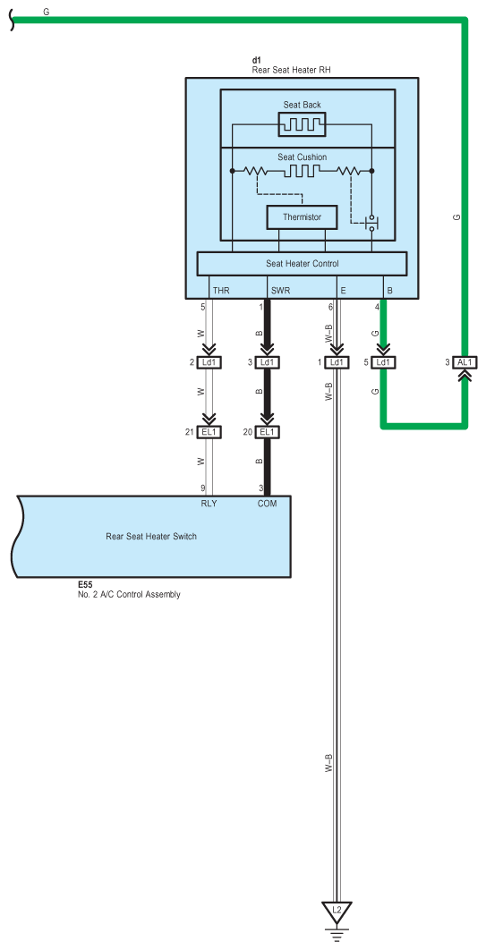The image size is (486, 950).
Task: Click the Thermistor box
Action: coord(302,216)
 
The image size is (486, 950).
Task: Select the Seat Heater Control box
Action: coord(302,264)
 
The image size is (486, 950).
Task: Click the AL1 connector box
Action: coord(465,362)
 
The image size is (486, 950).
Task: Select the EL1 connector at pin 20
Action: coord(266,432)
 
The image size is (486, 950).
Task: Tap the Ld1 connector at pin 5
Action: coord(382,362)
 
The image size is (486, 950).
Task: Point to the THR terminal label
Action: coord(221,291)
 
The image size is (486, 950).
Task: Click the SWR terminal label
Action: coord(281,291)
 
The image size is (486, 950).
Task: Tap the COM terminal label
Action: coord(268,503)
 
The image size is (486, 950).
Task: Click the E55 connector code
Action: coord(84,585)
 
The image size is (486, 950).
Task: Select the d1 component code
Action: coord(256,61)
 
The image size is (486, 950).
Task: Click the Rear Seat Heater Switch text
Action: coord(151,536)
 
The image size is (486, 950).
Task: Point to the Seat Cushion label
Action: coord(302,157)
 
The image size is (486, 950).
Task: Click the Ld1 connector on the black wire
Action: coord(266,362)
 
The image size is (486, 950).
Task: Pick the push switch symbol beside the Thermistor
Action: coord(371,223)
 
